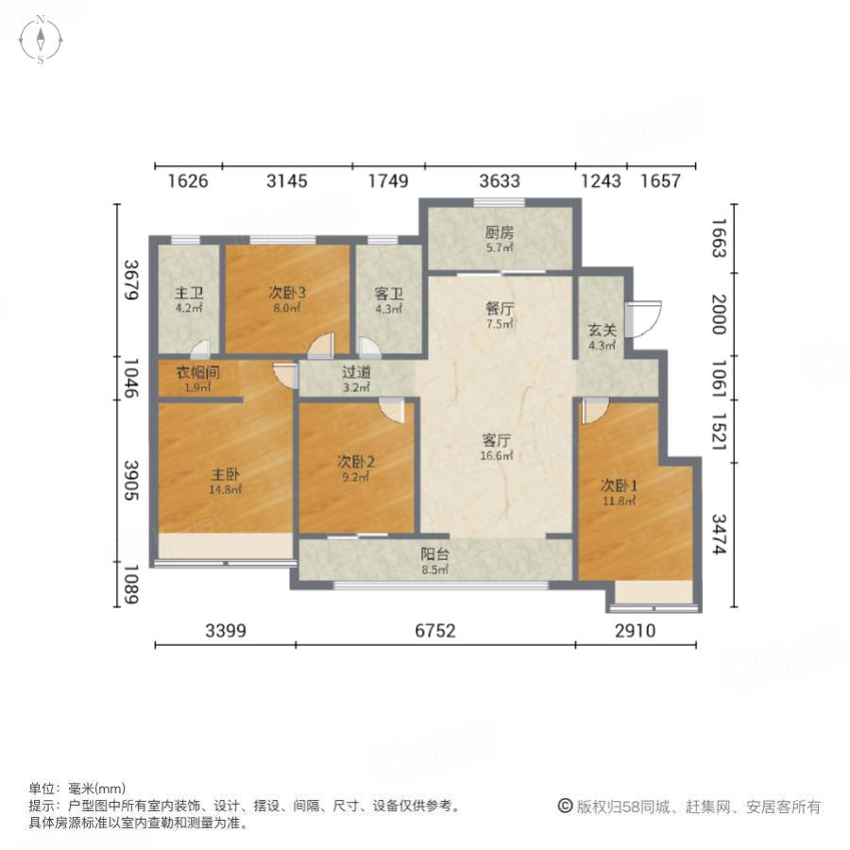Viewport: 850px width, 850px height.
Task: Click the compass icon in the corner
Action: (42, 41)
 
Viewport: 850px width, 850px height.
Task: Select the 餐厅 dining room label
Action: (499, 308)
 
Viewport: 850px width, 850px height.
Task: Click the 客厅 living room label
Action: (497, 439)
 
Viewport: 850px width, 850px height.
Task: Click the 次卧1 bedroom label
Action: (620, 485)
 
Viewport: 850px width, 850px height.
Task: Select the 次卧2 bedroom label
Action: (357, 462)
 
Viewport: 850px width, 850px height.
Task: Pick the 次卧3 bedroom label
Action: (287, 292)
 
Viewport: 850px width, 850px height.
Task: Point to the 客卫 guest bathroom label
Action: (389, 292)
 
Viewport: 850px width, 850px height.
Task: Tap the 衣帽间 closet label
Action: (196, 371)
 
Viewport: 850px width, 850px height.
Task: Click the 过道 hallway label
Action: (357, 371)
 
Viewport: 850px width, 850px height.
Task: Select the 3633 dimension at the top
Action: (499, 181)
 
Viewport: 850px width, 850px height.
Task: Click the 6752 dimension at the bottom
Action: (435, 631)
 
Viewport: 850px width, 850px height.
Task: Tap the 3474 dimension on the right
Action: (721, 534)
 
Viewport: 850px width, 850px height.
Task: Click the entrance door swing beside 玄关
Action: (647, 318)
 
